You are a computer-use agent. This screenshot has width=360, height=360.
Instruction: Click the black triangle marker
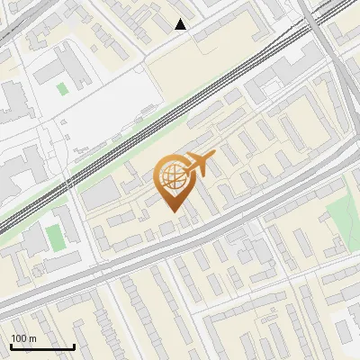181,24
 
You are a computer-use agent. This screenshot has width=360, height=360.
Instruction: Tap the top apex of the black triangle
181,19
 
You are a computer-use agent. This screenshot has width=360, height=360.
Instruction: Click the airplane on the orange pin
198,165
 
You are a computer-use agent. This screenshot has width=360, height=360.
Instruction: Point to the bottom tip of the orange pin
171,211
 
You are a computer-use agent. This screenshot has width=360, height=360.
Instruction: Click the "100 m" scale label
23,338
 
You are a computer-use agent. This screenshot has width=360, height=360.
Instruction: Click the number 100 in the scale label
19,338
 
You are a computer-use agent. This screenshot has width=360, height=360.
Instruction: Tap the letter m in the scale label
32,338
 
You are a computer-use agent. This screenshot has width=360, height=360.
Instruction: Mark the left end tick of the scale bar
11,346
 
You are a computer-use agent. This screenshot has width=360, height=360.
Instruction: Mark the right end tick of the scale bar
74,346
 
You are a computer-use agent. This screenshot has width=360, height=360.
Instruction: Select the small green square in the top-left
61,88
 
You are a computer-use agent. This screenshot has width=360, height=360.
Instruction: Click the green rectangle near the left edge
55,238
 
